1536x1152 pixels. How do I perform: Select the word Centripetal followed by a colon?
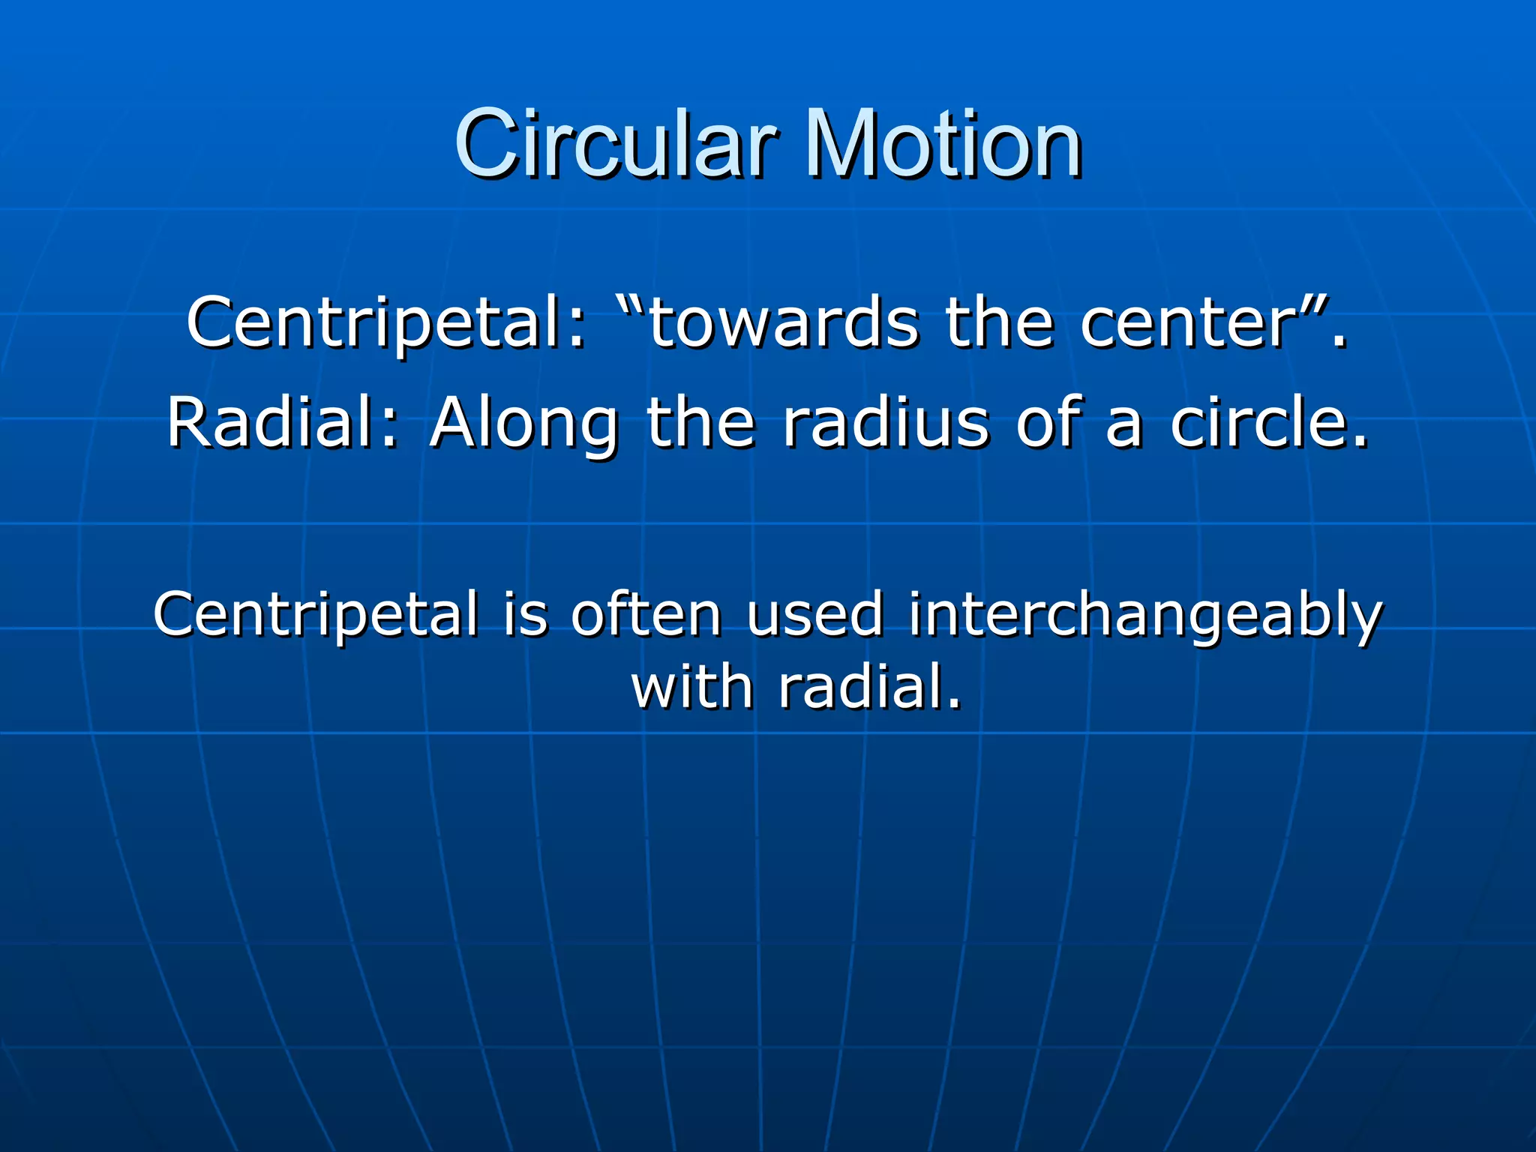click(x=385, y=322)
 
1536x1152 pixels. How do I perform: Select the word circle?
click(x=1267, y=422)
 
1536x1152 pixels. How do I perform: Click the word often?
click(x=646, y=613)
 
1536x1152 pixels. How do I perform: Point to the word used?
click(x=814, y=613)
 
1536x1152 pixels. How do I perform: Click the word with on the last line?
click(x=692, y=687)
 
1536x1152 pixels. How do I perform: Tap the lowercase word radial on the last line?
click(x=869, y=687)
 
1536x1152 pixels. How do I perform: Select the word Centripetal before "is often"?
click(x=316, y=613)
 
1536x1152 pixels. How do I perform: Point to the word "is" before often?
click(x=526, y=613)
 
